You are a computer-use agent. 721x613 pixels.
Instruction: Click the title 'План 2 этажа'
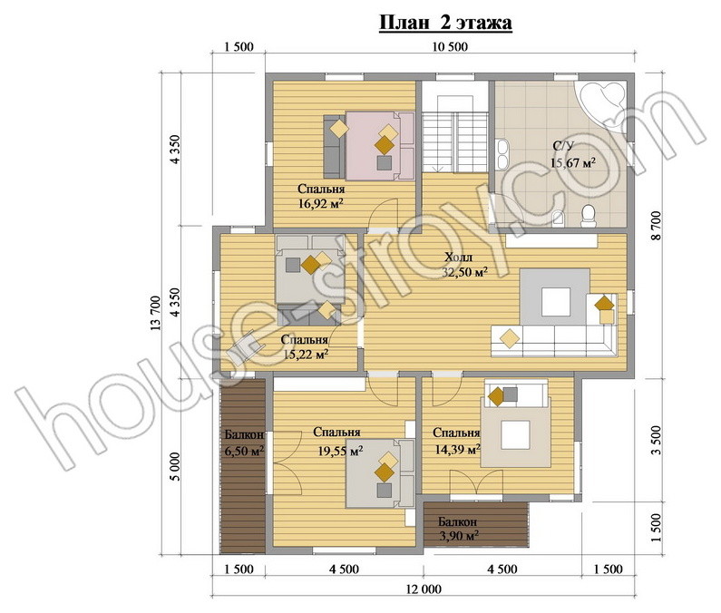[445, 22]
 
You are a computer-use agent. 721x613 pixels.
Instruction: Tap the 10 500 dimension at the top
[450, 46]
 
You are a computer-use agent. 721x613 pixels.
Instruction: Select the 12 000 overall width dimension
[423, 589]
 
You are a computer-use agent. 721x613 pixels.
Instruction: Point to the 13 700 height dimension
[155, 314]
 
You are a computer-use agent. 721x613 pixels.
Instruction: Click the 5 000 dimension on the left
[175, 466]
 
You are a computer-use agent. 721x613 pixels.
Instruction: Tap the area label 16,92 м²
[321, 203]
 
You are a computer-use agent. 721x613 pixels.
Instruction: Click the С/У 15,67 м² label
[573, 154]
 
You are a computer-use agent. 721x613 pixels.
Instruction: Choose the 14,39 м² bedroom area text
[457, 448]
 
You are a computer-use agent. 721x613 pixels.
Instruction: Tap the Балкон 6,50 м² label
[244, 443]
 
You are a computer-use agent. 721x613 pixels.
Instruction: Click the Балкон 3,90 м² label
[457, 529]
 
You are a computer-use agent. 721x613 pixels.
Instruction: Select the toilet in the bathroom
[588, 216]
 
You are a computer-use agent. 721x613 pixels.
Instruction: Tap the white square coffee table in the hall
[556, 301]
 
